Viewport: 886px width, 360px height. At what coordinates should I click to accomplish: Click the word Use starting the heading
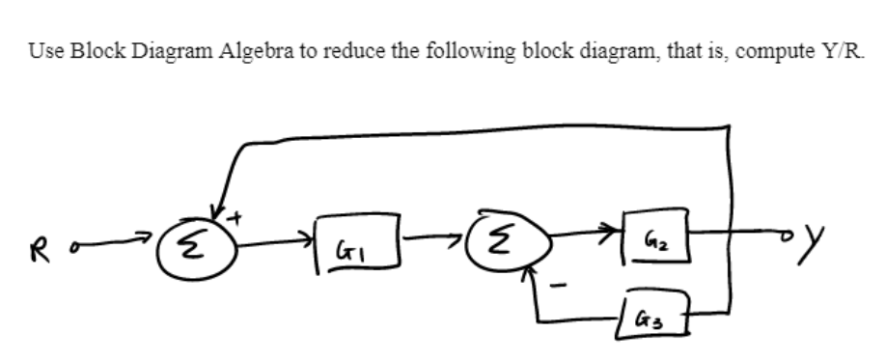click(x=40, y=54)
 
